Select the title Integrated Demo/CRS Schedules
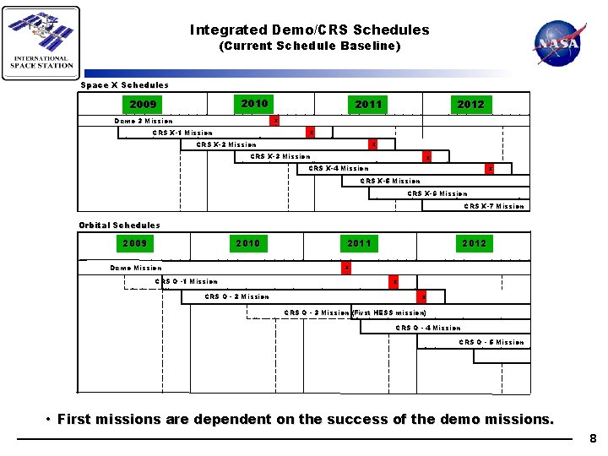(x=309, y=30)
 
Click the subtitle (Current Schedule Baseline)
(x=309, y=46)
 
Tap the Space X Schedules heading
(x=124, y=84)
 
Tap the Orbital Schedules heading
(x=119, y=225)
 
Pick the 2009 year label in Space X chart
(x=144, y=105)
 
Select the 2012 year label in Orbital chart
(x=474, y=243)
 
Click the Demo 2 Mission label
(x=144, y=121)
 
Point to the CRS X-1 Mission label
(x=182, y=133)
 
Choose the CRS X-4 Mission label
(x=339, y=168)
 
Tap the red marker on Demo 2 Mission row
(x=275, y=121)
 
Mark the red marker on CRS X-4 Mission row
(x=490, y=168)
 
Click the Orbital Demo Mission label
(x=136, y=268)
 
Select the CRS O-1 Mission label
(x=187, y=281)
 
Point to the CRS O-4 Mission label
(x=428, y=328)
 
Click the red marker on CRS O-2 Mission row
(x=422, y=296)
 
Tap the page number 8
(x=593, y=438)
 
